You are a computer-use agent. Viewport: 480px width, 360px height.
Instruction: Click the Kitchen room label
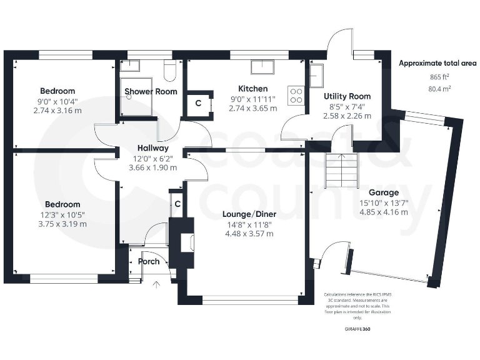[253, 89]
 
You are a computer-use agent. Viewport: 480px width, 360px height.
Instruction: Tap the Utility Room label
[347, 96]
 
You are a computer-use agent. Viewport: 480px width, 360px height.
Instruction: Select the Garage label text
[384, 192]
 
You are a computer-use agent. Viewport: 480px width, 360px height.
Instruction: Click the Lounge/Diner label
[249, 214]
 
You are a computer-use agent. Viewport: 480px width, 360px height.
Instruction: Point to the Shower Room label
[151, 91]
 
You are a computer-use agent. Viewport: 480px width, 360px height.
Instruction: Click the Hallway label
[152, 148]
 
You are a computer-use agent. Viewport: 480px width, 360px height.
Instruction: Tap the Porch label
[149, 261]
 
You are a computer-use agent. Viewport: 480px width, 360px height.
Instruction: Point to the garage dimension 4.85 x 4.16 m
[384, 212]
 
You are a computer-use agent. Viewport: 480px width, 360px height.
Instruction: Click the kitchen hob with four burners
[295, 95]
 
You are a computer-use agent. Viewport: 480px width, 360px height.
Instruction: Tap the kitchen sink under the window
[260, 67]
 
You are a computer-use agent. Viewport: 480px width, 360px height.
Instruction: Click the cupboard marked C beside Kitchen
[198, 104]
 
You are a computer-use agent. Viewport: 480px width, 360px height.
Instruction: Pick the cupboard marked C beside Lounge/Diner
[177, 204]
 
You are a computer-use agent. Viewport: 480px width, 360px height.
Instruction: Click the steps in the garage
[341, 170]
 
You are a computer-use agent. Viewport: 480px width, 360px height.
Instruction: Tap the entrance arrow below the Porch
[157, 285]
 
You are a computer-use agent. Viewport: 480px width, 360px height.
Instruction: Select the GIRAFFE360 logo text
[357, 329]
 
